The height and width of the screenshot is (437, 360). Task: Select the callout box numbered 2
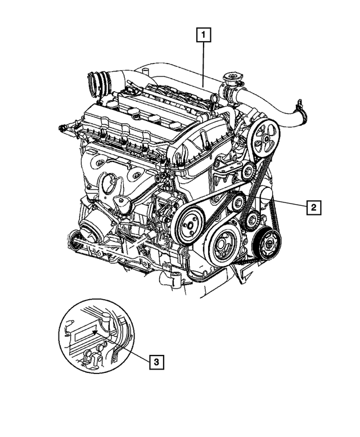click(x=313, y=208)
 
